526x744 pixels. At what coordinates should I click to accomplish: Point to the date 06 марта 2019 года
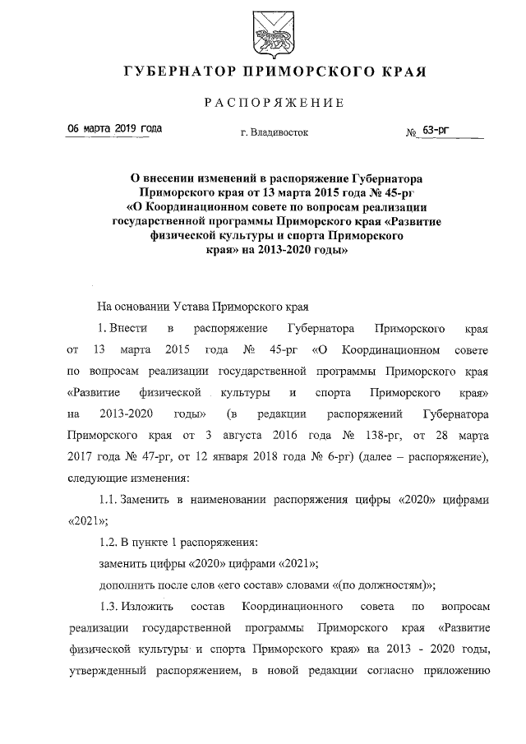pyautogui.click(x=114, y=129)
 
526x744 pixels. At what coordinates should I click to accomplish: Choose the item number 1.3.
pyautogui.click(x=107, y=606)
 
